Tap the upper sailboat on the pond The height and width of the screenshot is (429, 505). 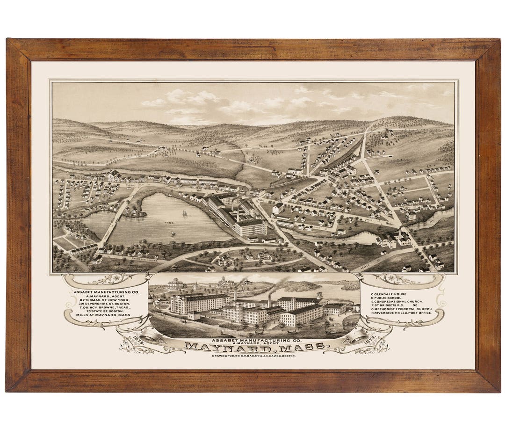tap(184, 213)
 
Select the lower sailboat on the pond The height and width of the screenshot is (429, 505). tap(173, 233)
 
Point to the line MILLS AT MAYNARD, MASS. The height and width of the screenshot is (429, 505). tap(104, 315)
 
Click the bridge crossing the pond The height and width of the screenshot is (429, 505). tap(112, 220)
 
